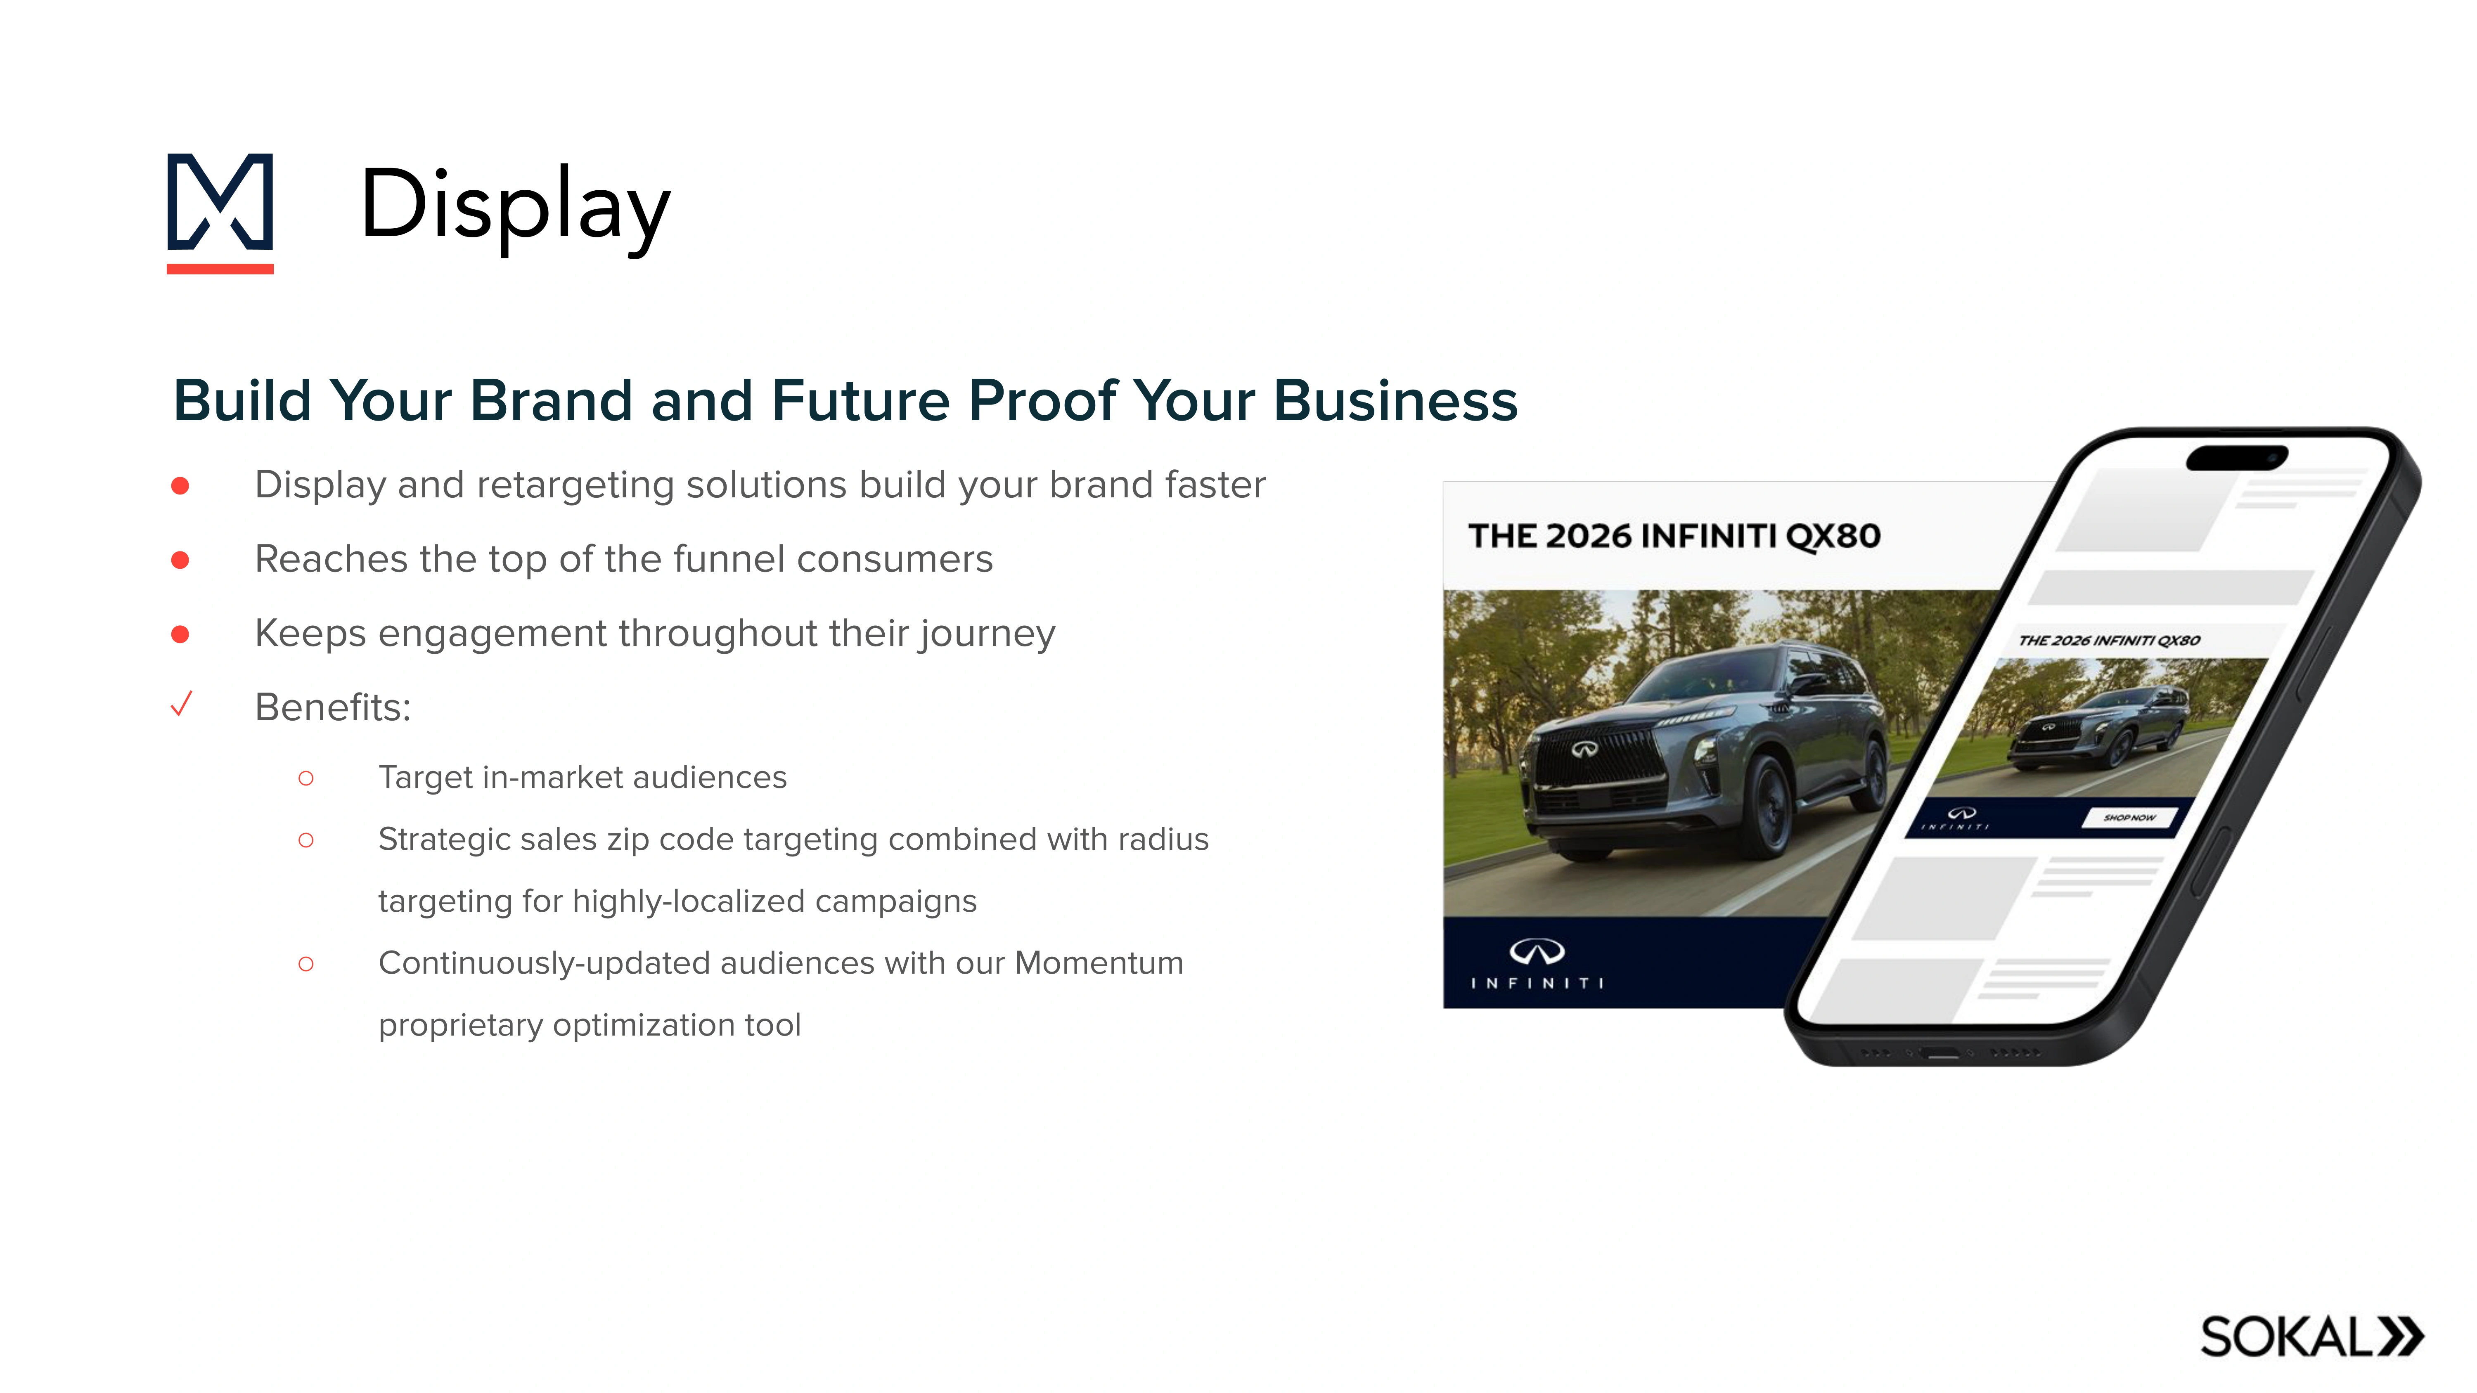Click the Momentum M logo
point(220,211)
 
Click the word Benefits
point(332,707)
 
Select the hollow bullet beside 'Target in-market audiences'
point(306,778)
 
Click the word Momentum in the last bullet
point(1098,963)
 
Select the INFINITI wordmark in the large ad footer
point(1537,982)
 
